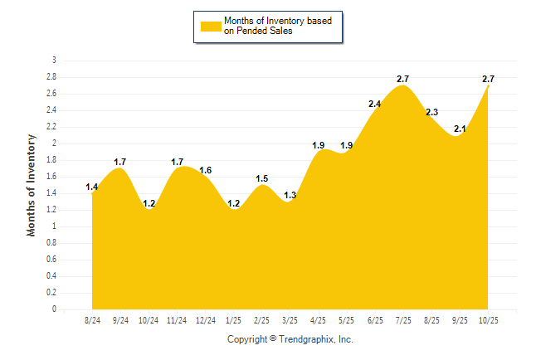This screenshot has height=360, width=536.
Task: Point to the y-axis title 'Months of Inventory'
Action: pyautogui.click(x=32, y=185)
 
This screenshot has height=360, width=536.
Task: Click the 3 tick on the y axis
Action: pyautogui.click(x=55, y=61)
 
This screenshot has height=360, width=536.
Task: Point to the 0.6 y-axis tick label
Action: pyautogui.click(x=51, y=260)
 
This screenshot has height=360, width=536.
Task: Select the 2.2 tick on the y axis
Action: pyautogui.click(x=51, y=127)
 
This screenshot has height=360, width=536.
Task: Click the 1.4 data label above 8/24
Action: pyautogui.click(x=92, y=187)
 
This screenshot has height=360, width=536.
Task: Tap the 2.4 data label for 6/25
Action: pyautogui.click(x=374, y=105)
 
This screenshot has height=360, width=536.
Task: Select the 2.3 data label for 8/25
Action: pyautogui.click(x=431, y=113)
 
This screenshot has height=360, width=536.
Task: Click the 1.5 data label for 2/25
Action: pyautogui.click(x=261, y=178)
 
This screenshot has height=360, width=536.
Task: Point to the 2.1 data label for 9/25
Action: pyautogui.click(x=460, y=129)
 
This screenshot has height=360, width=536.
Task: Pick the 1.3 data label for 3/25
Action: pyautogui.click(x=290, y=196)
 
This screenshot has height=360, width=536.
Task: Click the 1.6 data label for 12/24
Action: pyautogui.click(x=206, y=171)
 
